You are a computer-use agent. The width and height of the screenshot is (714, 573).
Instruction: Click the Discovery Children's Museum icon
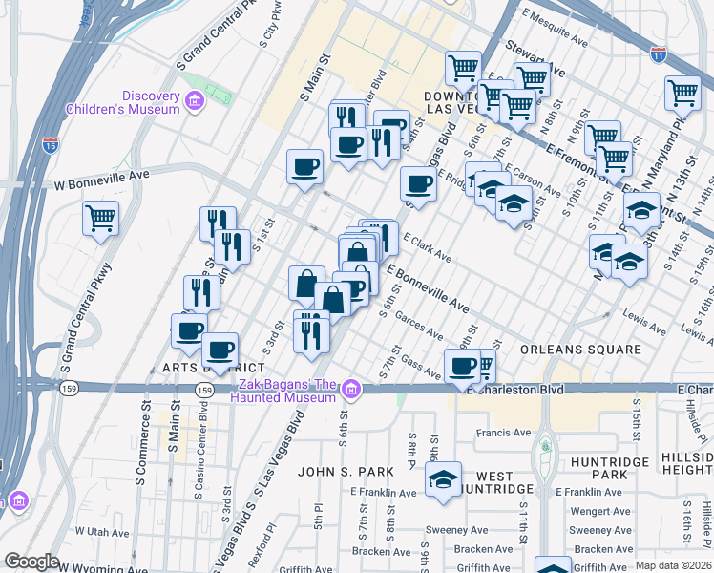point(195,100)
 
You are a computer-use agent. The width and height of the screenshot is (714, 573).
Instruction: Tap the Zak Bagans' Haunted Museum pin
point(351,389)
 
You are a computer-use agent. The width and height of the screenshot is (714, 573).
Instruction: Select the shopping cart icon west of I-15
point(100,218)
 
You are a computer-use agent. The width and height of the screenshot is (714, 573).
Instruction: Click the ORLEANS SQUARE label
point(580,350)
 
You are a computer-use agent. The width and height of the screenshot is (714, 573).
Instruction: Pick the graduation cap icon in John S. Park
point(443,479)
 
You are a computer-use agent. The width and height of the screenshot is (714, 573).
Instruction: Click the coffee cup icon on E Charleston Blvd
point(463,366)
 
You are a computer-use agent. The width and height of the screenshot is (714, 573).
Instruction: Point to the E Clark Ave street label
point(427,246)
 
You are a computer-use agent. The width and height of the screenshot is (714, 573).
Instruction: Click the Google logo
point(31,562)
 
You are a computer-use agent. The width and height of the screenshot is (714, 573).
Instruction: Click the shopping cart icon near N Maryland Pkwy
point(683,94)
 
